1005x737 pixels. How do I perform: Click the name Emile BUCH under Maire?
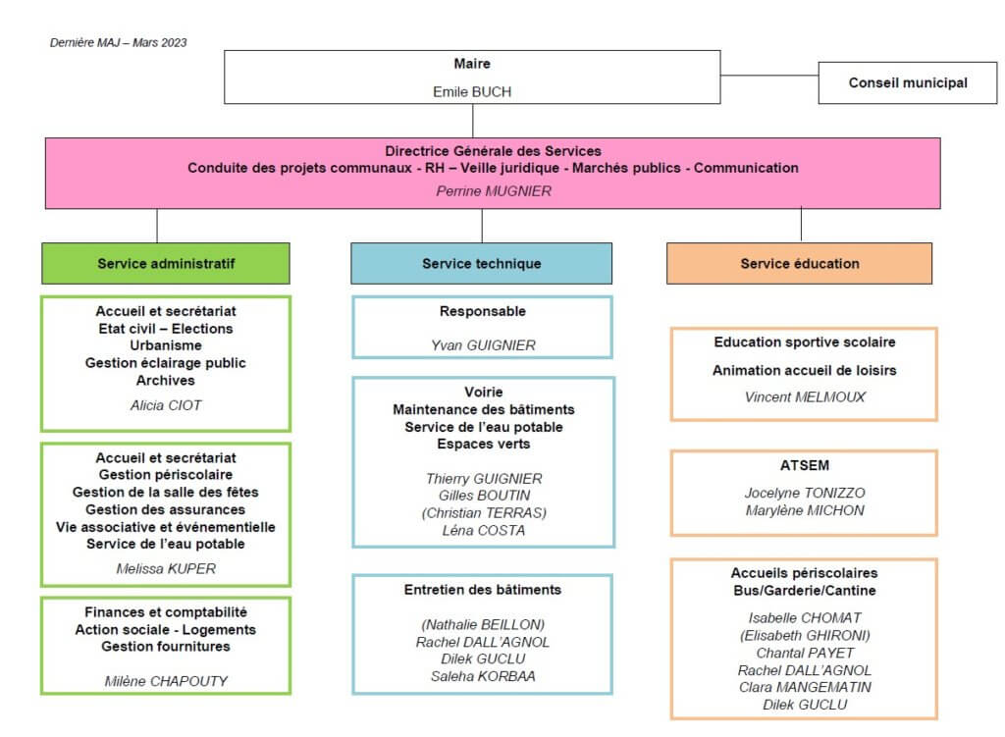tap(472, 91)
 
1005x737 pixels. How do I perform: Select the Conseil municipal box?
tap(908, 82)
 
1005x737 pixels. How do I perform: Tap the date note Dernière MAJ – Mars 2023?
tap(119, 43)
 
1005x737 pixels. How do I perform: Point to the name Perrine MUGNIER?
tap(494, 191)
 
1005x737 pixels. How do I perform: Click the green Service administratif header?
tap(166, 263)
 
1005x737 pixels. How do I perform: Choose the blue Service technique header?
tap(481, 263)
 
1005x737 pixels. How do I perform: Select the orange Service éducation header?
tap(799, 263)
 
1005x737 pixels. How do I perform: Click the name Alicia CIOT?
tap(166, 405)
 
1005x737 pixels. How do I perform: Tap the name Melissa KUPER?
tap(166, 568)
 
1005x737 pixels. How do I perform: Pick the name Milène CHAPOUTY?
tap(166, 681)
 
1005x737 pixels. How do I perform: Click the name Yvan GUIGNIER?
tap(483, 345)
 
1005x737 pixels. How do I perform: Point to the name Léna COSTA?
tap(483, 531)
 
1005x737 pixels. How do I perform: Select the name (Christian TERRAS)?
tap(484, 513)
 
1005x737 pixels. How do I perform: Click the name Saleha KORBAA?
tap(483, 676)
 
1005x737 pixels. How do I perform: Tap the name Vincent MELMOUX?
tap(805, 397)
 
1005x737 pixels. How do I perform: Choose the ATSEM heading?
tap(805, 465)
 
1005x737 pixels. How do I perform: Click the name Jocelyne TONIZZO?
tap(805, 493)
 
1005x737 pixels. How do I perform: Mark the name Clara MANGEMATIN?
tap(805, 687)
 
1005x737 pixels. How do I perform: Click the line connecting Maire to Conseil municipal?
tap(769, 75)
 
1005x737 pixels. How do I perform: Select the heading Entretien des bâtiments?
tap(483, 590)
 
